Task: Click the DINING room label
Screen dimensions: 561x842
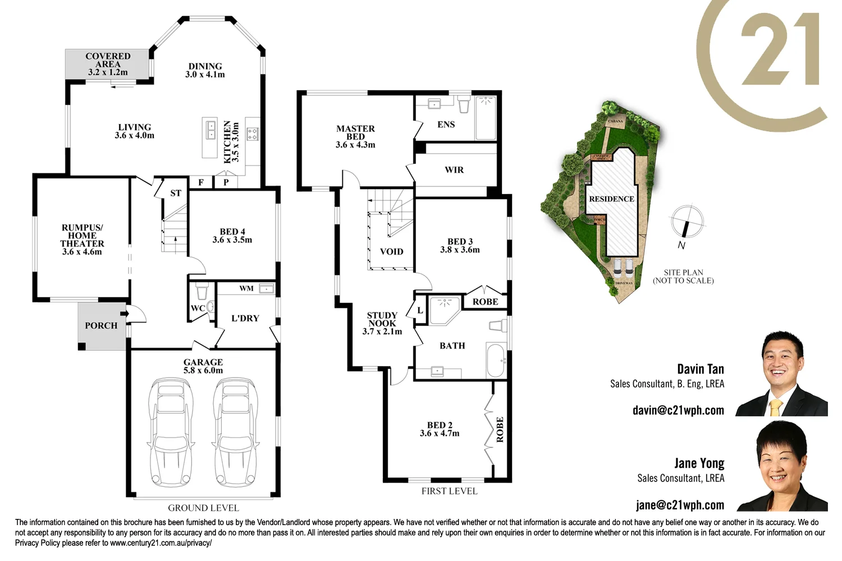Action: pos(205,66)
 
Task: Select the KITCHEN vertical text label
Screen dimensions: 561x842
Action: pos(227,142)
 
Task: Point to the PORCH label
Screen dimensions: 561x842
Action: pos(101,325)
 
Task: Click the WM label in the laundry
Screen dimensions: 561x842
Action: pos(246,288)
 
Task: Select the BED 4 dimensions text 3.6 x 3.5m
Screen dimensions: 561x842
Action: pos(232,240)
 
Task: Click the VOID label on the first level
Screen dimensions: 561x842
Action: pos(391,251)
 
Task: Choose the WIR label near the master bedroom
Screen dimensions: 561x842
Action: pos(454,170)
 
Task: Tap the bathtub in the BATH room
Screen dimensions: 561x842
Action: pos(496,360)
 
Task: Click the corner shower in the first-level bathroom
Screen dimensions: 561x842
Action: pos(443,310)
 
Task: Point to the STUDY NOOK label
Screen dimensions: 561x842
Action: pos(382,319)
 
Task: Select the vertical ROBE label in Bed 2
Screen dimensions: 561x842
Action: pos(500,429)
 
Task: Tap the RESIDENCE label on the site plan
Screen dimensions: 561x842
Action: pos(611,199)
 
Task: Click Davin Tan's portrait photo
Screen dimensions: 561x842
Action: pos(782,374)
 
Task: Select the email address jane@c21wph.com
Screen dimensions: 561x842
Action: pos(680,505)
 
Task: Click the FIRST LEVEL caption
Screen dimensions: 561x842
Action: pos(449,491)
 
